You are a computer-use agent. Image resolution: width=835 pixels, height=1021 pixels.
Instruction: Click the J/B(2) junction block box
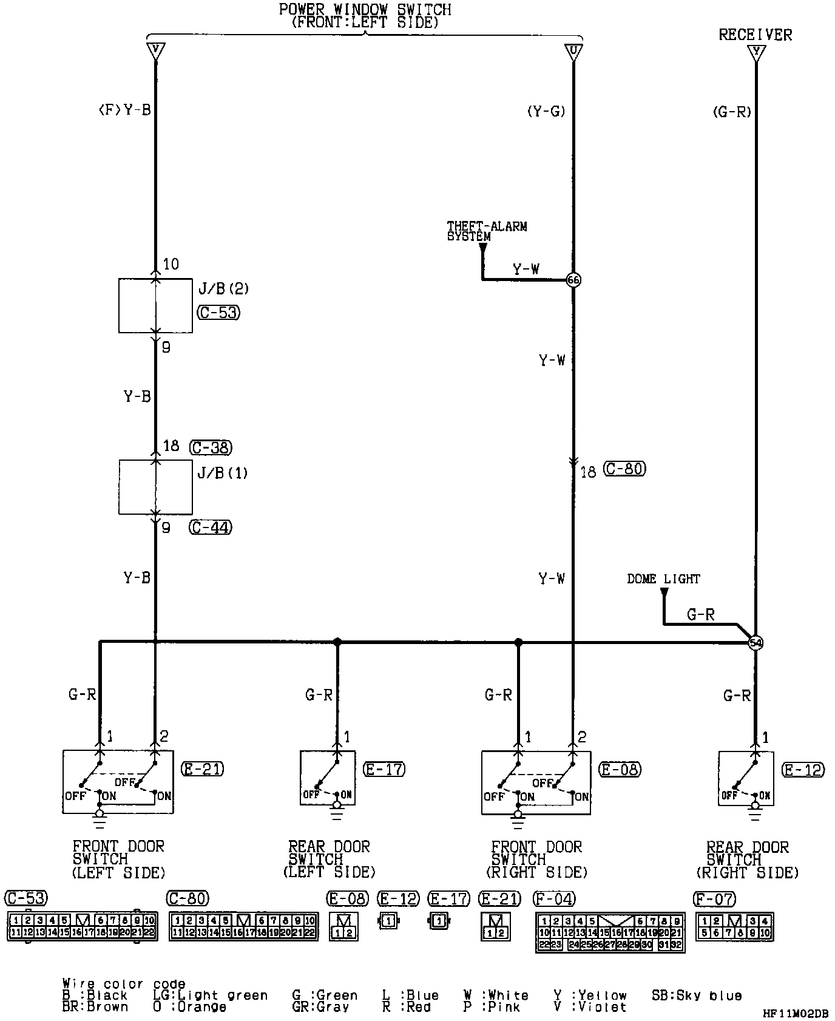(155, 305)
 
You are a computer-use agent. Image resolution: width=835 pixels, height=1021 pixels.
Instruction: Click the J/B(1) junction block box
(155, 487)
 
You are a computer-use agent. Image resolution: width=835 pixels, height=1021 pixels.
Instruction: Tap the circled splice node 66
(573, 280)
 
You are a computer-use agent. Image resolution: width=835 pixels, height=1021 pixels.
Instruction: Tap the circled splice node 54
(756, 643)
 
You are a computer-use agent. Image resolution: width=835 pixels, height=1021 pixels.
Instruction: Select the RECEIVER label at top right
(755, 35)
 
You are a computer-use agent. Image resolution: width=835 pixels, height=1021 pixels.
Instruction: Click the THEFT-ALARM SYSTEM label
(487, 231)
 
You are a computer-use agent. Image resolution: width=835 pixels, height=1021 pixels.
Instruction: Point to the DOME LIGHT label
(663, 579)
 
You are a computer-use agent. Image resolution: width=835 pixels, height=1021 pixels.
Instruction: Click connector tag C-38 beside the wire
(211, 447)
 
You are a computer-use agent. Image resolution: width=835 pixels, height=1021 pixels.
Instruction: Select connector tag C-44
(211, 527)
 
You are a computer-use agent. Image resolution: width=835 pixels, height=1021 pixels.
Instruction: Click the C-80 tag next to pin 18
(624, 469)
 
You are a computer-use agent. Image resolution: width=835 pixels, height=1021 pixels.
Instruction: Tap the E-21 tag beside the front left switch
(203, 769)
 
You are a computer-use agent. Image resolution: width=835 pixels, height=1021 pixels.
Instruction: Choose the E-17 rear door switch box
(328, 778)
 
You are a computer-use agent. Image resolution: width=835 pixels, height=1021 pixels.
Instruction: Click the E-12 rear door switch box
(746, 778)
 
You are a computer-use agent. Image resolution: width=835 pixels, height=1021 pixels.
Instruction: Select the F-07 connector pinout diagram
(734, 927)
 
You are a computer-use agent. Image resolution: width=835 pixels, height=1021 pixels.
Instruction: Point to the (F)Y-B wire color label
(124, 110)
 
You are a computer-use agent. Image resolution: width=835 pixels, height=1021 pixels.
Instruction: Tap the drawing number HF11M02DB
(795, 1014)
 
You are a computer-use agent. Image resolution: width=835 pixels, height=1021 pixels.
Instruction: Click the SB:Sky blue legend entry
(697, 996)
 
